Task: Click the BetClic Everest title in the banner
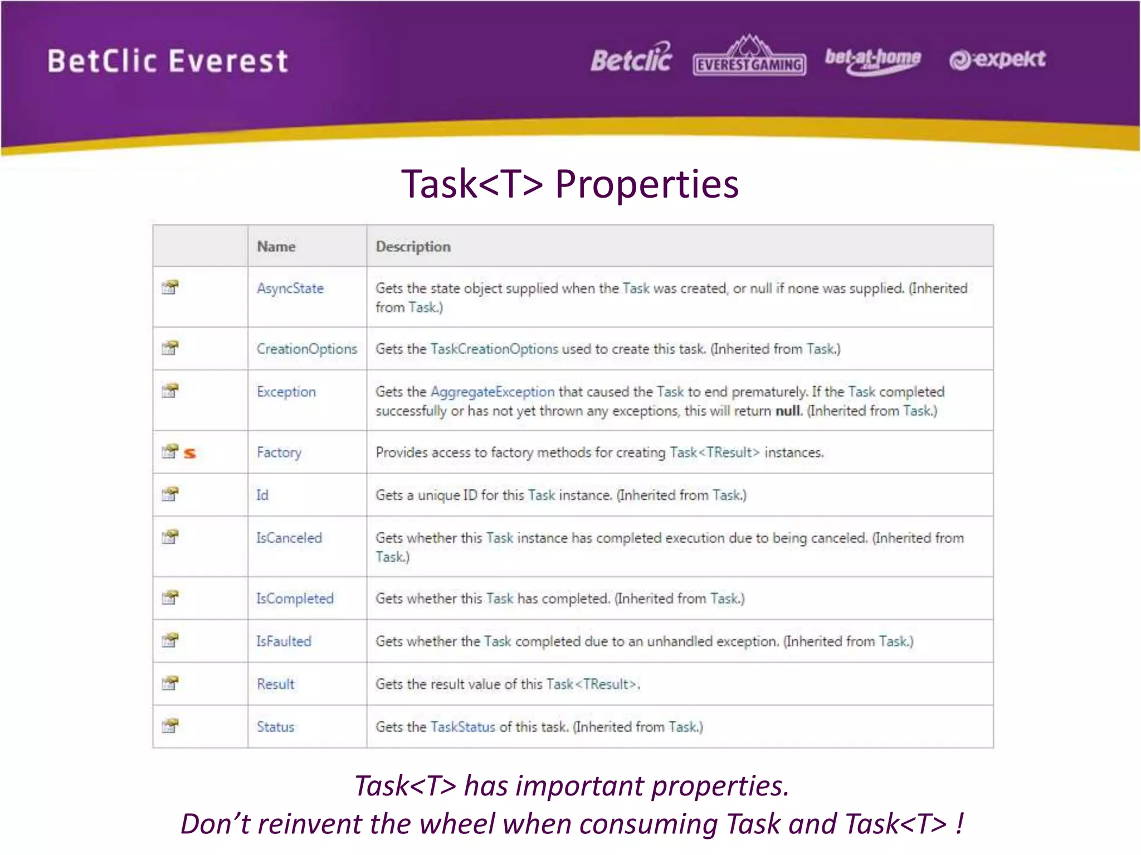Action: point(168,61)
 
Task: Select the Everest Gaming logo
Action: point(749,57)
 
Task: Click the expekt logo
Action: point(997,59)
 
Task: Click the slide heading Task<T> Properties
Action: point(570,184)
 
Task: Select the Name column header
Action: point(276,247)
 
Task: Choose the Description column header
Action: point(413,247)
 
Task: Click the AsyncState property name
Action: point(290,288)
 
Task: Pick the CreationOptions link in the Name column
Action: point(306,349)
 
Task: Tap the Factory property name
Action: point(279,453)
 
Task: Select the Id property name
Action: point(262,495)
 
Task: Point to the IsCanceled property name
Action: point(289,538)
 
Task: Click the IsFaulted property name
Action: point(284,641)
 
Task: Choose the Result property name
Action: point(275,684)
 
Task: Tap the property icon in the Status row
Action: point(170,726)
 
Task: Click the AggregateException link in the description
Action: point(493,392)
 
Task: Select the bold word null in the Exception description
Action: point(788,411)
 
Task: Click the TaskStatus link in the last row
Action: point(462,727)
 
